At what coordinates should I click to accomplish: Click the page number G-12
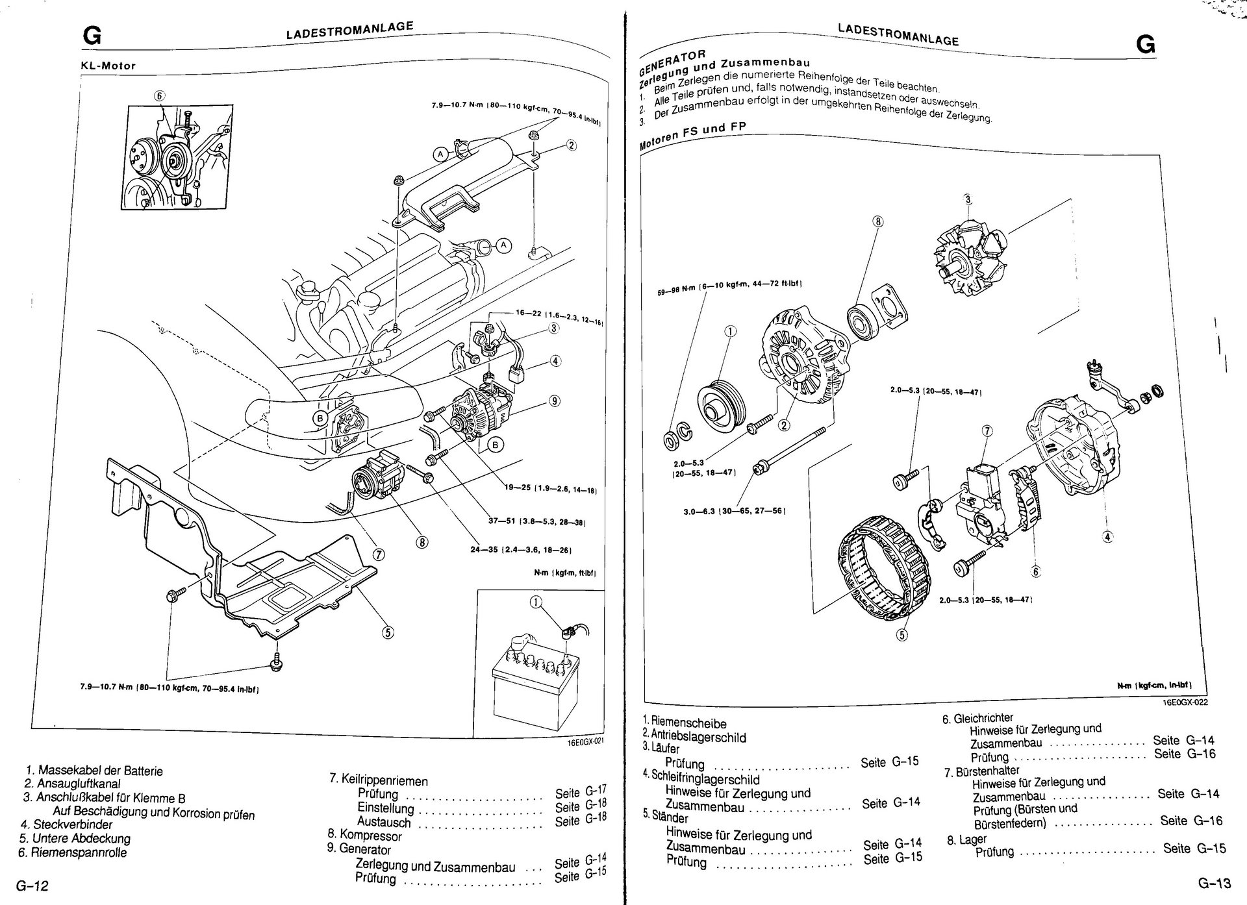click(33, 886)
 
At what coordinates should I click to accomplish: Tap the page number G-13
click(1215, 884)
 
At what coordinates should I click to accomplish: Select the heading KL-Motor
click(108, 66)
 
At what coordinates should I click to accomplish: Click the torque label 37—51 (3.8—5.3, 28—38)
click(537, 521)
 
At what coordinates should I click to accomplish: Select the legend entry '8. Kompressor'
click(364, 836)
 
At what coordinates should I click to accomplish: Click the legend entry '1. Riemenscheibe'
click(685, 723)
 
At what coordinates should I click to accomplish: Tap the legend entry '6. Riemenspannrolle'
click(73, 852)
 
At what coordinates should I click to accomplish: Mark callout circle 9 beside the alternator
click(554, 401)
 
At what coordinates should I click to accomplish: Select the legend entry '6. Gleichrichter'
click(978, 717)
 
